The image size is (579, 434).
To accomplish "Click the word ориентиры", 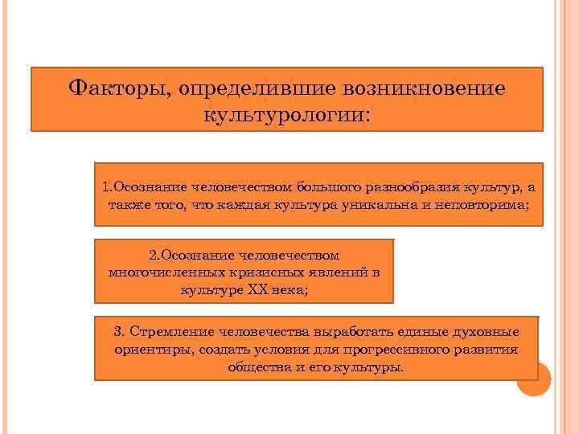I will pos(143,350).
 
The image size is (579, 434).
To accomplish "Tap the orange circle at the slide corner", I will pos(533,379).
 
